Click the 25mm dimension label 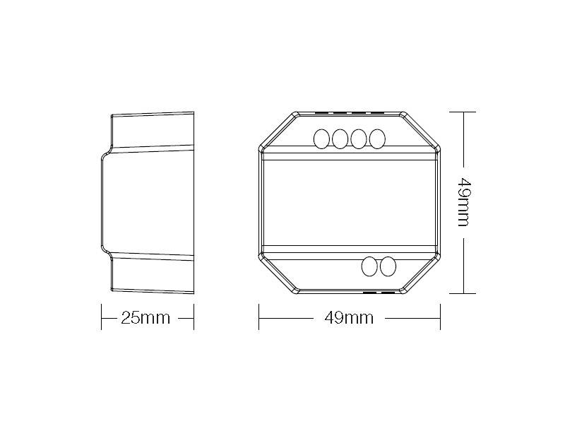[145, 318]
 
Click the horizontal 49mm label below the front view [349, 318]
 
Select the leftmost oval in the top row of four [321, 139]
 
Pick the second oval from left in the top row [340, 139]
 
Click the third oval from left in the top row [359, 139]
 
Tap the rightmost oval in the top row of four [377, 139]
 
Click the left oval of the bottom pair [369, 266]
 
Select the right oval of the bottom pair [388, 266]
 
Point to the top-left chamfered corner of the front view [278, 131]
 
